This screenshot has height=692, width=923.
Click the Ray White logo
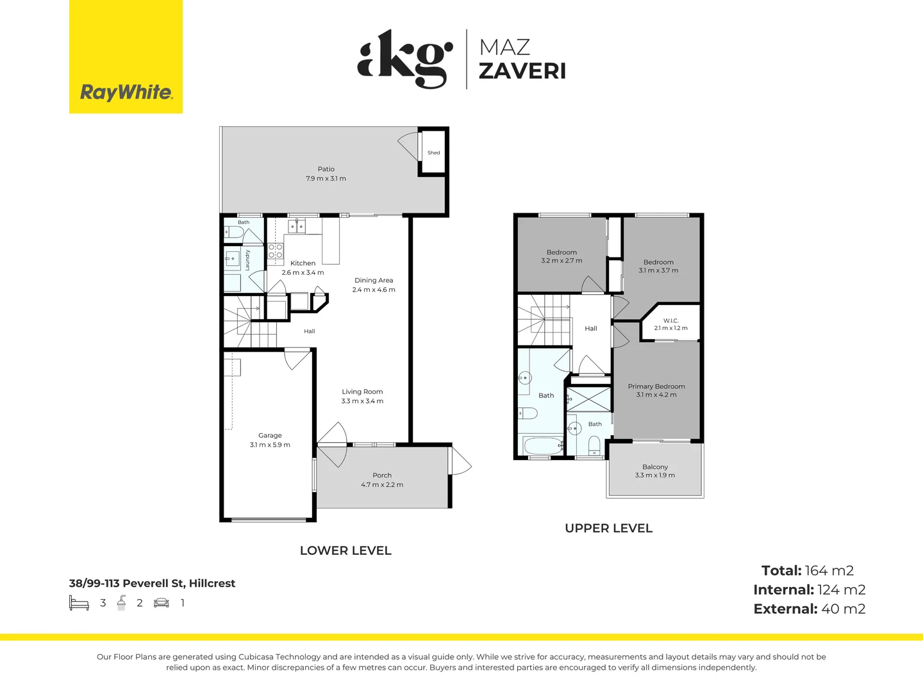click(126, 56)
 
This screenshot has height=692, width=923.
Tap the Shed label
click(433, 152)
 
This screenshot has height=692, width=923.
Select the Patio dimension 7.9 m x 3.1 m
click(326, 179)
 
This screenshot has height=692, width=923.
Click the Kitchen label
click(303, 263)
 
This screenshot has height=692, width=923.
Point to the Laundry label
click(247, 260)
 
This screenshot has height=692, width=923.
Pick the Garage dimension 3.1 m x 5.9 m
click(270, 445)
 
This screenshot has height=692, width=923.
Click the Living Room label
click(362, 391)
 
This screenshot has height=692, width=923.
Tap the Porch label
click(382, 475)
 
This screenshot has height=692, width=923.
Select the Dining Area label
click(374, 280)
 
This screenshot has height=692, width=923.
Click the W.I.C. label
click(670, 320)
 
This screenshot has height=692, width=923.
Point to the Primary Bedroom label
click(656, 386)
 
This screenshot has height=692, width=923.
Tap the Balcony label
click(655, 467)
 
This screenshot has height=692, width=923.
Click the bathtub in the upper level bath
click(542, 445)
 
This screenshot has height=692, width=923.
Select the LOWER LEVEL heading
click(345, 550)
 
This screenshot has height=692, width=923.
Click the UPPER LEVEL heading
click(608, 528)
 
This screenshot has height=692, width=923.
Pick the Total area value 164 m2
click(829, 570)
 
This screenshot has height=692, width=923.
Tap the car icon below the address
click(162, 603)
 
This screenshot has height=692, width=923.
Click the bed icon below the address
click(79, 603)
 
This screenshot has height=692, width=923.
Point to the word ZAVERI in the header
click(522, 71)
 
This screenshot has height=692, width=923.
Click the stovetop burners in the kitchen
click(276, 251)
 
